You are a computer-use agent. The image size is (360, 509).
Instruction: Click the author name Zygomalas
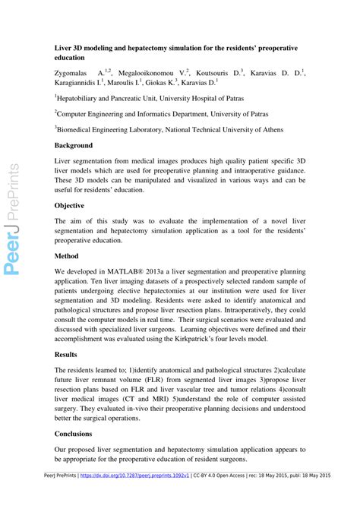pos(76,73)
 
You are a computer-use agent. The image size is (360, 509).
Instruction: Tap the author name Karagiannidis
pos(82,83)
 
